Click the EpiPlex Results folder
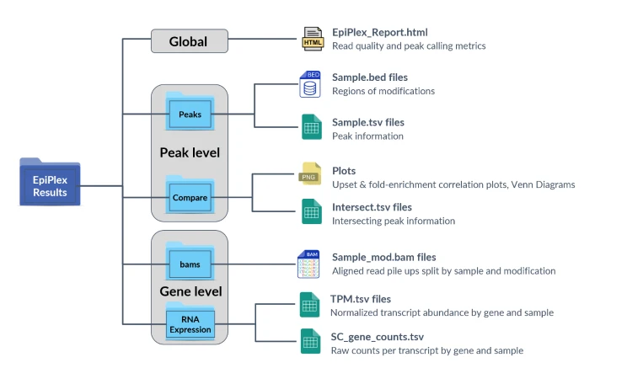click(50, 182)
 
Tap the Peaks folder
click(190, 112)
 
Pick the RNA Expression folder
click(190, 323)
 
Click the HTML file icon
click(313, 40)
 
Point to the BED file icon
click(310, 84)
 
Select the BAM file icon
click(308, 264)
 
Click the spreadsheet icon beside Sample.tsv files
click(312, 128)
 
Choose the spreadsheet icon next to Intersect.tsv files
click(312, 212)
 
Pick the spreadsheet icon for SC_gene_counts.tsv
click(311, 342)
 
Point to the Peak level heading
click(190, 153)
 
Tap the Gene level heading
click(190, 292)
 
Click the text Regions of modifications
click(383, 91)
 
